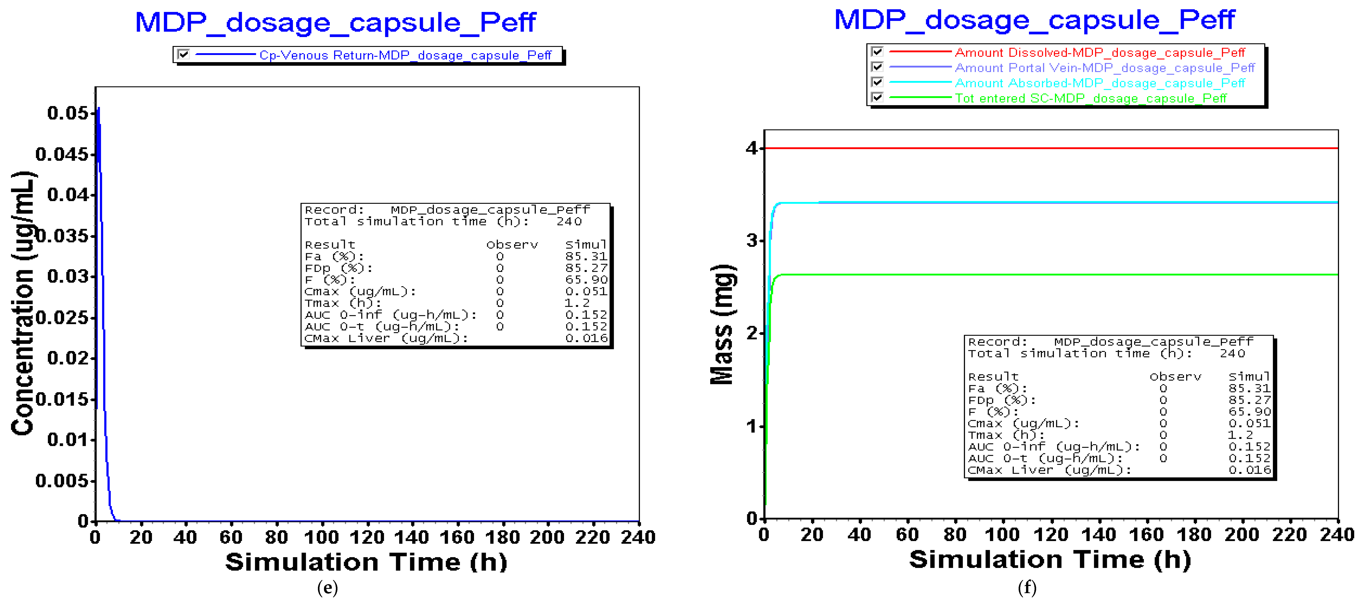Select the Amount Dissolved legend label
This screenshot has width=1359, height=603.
[x=1099, y=53]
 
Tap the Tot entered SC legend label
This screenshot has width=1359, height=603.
[x=1090, y=99]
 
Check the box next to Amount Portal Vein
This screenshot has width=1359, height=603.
[x=877, y=67]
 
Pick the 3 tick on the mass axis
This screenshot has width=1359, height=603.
[x=752, y=241]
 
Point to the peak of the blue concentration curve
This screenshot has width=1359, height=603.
[x=98, y=108]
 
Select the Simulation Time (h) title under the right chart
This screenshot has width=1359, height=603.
[x=1050, y=560]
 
